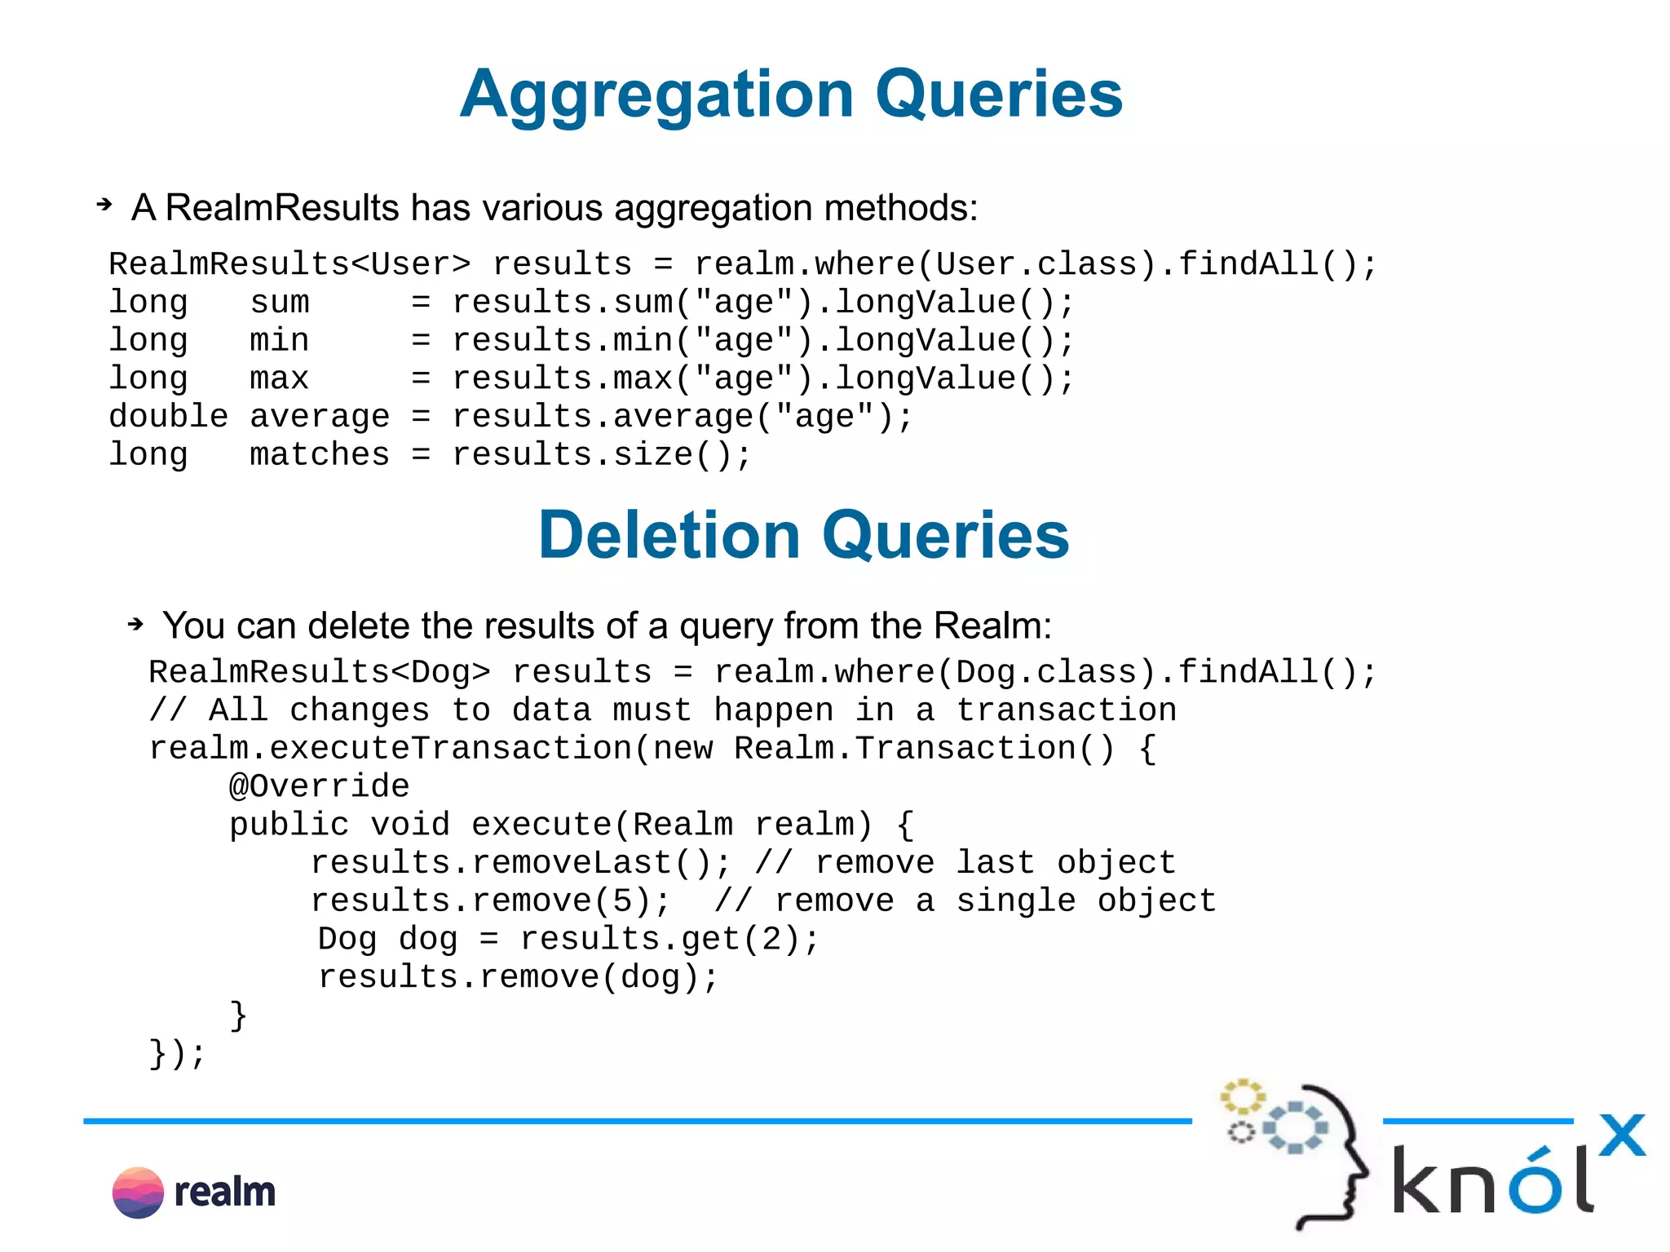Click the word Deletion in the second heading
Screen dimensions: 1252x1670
point(669,536)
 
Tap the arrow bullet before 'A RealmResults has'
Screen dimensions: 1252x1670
point(104,205)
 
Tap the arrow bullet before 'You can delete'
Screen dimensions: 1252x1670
point(135,625)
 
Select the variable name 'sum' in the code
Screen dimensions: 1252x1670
point(279,303)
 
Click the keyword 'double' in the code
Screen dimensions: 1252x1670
point(168,417)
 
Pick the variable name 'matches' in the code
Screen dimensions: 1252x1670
point(319,455)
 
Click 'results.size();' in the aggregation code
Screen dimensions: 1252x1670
point(601,455)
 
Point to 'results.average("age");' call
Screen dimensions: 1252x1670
point(682,417)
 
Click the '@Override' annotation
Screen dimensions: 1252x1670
point(319,786)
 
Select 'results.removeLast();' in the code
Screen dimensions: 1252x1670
point(520,863)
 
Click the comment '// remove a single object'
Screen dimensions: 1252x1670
point(965,901)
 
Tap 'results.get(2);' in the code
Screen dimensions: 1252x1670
point(669,940)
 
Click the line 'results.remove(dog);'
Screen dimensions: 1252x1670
point(518,977)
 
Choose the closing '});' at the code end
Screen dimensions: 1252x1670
point(177,1054)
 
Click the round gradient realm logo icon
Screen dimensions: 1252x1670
point(138,1192)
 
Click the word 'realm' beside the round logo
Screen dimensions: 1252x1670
point(225,1192)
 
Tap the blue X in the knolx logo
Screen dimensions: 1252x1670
point(1621,1135)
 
